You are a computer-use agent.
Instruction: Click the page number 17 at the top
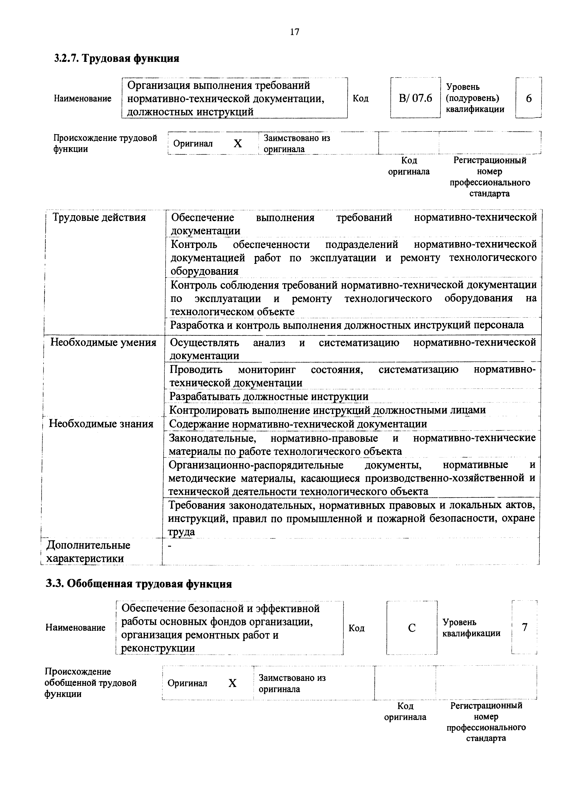click(x=294, y=32)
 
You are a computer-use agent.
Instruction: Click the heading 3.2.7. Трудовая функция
click(x=117, y=58)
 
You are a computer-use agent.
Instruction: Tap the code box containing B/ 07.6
click(x=415, y=98)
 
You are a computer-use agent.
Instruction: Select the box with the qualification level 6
click(x=528, y=98)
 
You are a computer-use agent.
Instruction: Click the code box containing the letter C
click(x=412, y=628)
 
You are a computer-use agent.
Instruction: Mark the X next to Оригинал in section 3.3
click(x=232, y=683)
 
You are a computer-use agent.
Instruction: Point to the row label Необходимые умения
click(x=103, y=342)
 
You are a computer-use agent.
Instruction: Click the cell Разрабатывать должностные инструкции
click(x=269, y=396)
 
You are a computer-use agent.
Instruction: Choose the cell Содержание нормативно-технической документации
click(x=298, y=424)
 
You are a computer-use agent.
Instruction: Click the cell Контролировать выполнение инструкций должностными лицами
click(x=327, y=410)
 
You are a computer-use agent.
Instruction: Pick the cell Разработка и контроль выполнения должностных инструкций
click(x=346, y=325)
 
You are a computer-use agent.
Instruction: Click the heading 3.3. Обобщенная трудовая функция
click(x=139, y=583)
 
